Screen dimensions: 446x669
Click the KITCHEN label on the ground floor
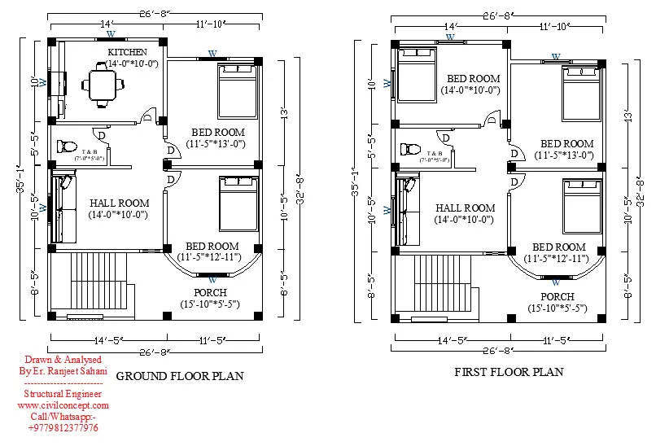click(127, 52)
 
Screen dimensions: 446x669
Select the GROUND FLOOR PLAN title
click(180, 376)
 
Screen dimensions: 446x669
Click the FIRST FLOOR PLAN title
click(509, 372)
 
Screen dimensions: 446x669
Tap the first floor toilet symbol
click(409, 150)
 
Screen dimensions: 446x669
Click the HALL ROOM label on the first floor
click(465, 208)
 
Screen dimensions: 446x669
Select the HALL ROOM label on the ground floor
click(119, 203)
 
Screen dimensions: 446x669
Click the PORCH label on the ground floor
click(210, 292)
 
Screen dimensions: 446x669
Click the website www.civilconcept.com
click(63, 405)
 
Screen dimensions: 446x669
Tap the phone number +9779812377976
click(63, 428)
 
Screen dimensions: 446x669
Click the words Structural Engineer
click(63, 394)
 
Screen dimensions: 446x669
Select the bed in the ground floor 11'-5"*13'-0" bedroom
click(237, 91)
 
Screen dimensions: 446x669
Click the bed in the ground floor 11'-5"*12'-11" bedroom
click(238, 204)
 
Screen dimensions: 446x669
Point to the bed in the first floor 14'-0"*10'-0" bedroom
click(417, 75)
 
